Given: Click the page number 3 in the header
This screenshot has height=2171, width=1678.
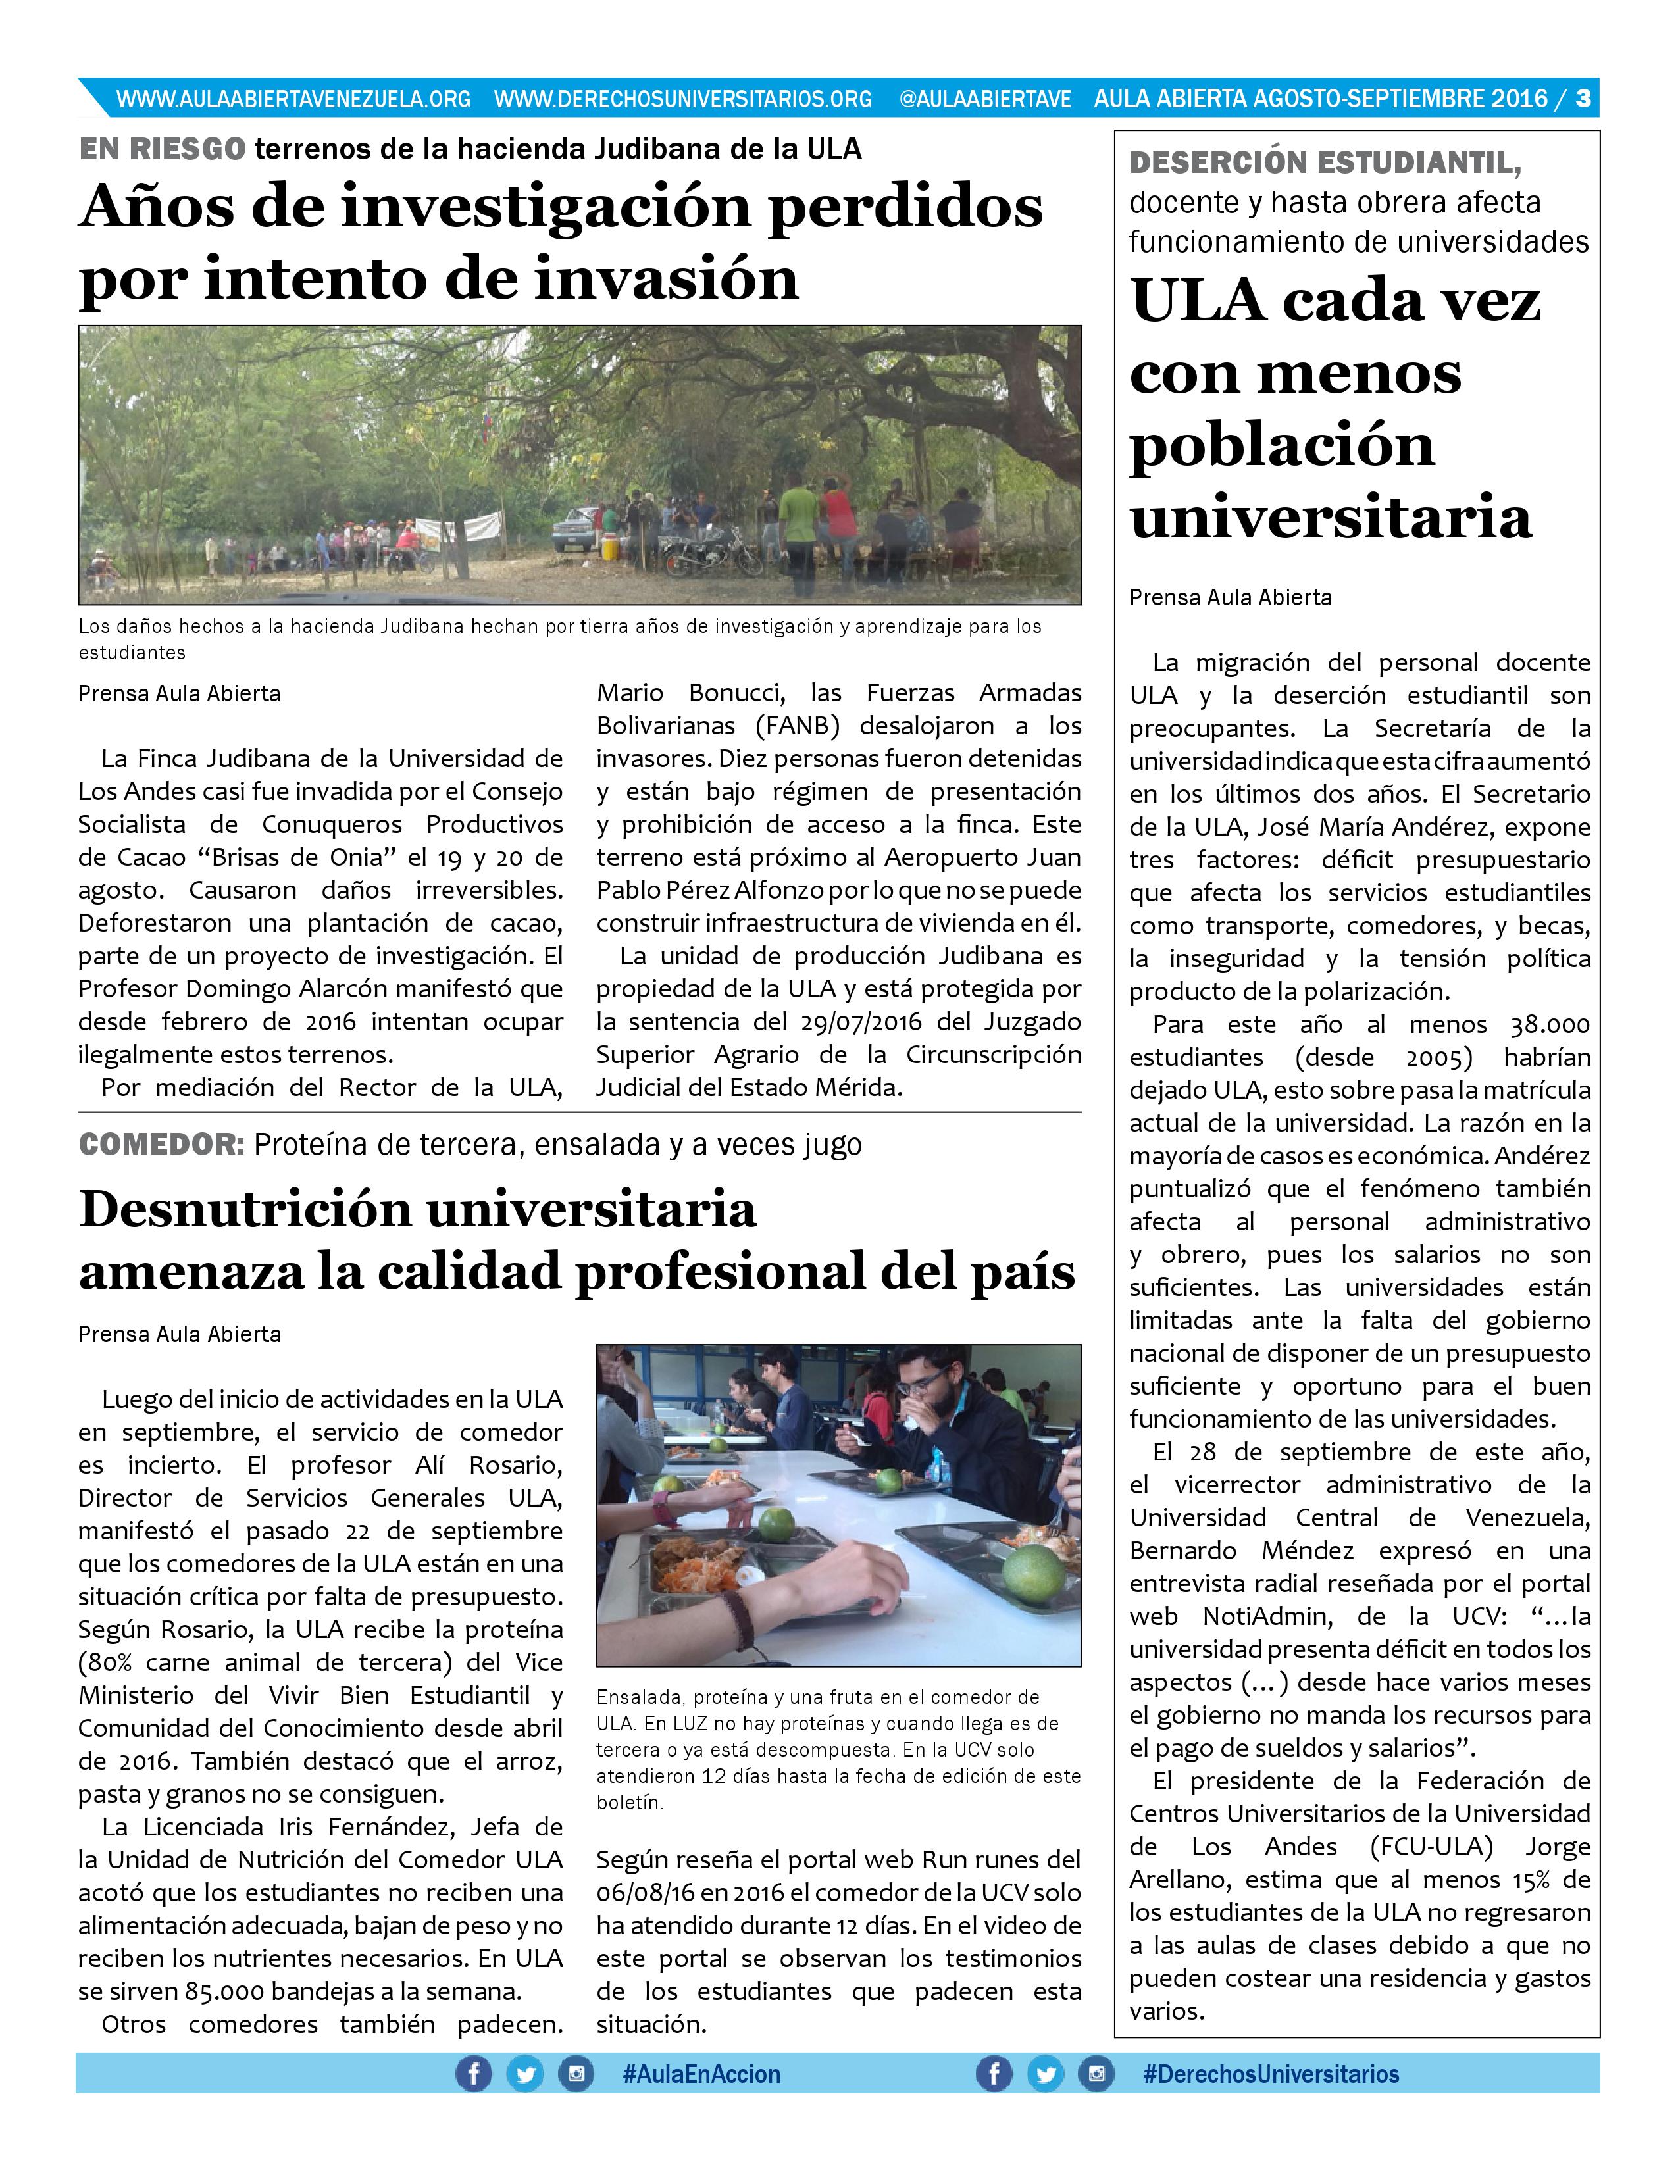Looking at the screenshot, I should coord(1583,99).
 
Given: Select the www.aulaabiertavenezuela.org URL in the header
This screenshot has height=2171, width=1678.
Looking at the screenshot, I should coord(293,99).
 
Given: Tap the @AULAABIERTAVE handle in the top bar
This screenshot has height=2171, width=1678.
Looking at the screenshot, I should coord(984,99).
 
